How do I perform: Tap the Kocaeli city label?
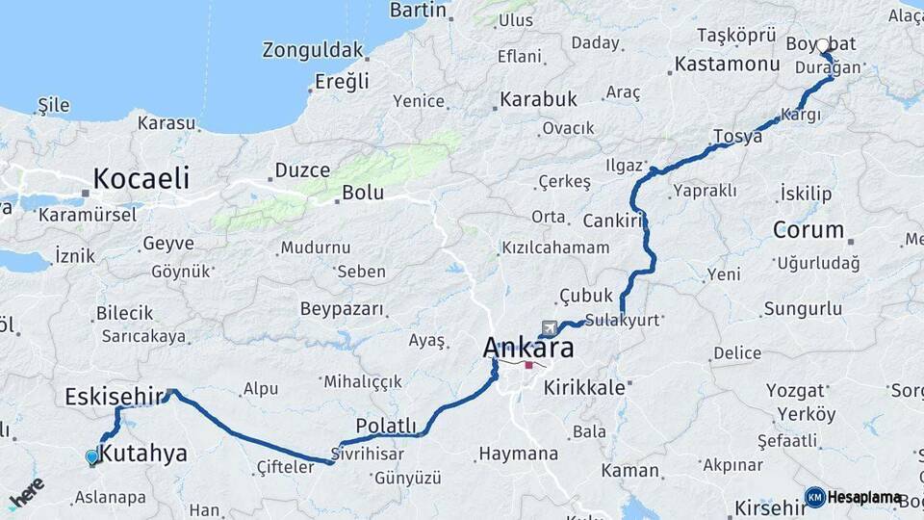click(141, 178)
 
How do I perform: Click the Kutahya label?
click(143, 454)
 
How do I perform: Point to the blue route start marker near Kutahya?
click(92, 457)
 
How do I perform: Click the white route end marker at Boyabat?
click(823, 45)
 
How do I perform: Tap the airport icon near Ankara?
click(550, 327)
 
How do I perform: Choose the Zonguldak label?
click(313, 50)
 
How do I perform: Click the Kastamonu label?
click(727, 65)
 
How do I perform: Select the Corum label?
click(808, 230)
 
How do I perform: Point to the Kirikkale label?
click(584, 387)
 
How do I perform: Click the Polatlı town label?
click(386, 426)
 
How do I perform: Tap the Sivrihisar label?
click(365, 452)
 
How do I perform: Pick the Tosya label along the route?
click(738, 136)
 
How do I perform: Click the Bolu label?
click(363, 193)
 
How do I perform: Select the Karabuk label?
click(538, 99)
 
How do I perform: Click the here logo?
click(26, 491)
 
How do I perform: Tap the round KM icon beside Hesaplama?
click(814, 497)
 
